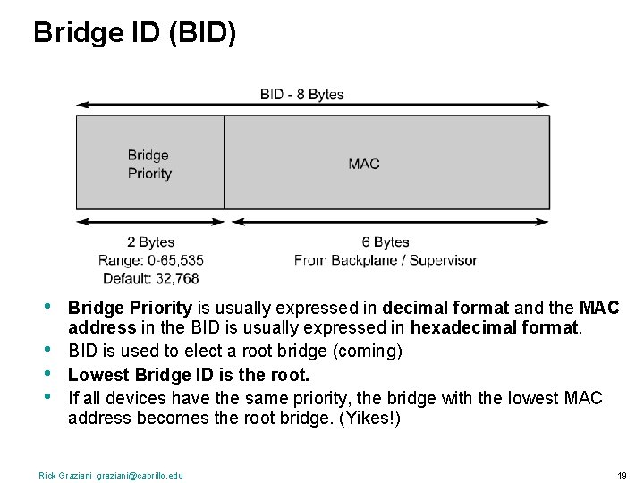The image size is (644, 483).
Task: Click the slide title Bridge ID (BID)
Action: (x=135, y=33)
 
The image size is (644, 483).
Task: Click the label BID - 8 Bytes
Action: (x=301, y=94)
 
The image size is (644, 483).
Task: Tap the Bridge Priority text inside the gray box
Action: (x=148, y=164)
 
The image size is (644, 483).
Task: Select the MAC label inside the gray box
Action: (x=363, y=163)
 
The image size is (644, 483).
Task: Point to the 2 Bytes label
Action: (x=150, y=241)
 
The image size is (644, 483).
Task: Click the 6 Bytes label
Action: (x=385, y=241)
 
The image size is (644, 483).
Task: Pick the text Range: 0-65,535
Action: (x=150, y=260)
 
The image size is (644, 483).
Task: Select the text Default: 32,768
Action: (x=150, y=278)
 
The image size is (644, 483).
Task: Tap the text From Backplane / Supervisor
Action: (x=386, y=260)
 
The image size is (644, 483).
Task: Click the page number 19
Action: (x=622, y=475)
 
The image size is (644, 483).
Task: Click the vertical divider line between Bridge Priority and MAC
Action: (x=224, y=162)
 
